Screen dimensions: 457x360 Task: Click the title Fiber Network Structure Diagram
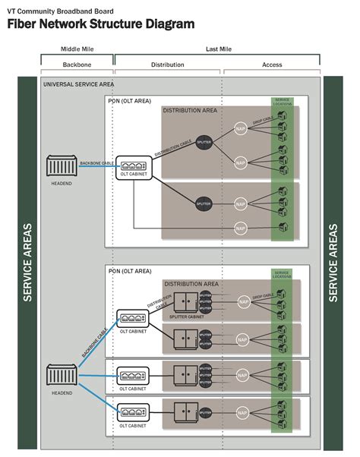[x=100, y=24]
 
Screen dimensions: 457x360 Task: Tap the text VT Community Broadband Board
[x=56, y=8]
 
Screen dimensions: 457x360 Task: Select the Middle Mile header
[x=77, y=49]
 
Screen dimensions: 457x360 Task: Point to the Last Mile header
[x=218, y=49]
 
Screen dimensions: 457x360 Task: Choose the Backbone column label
[x=77, y=65]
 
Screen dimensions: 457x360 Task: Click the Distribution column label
[x=168, y=65]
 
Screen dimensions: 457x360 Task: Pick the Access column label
[x=272, y=65]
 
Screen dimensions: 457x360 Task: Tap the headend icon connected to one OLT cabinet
[x=62, y=165]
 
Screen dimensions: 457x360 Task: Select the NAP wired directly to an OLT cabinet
[x=241, y=228]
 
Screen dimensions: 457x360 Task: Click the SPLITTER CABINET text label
[x=185, y=316]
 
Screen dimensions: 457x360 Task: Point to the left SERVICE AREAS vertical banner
[x=28, y=262]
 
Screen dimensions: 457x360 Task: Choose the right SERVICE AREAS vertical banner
[x=333, y=262]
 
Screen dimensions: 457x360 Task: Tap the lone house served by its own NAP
[x=282, y=227]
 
